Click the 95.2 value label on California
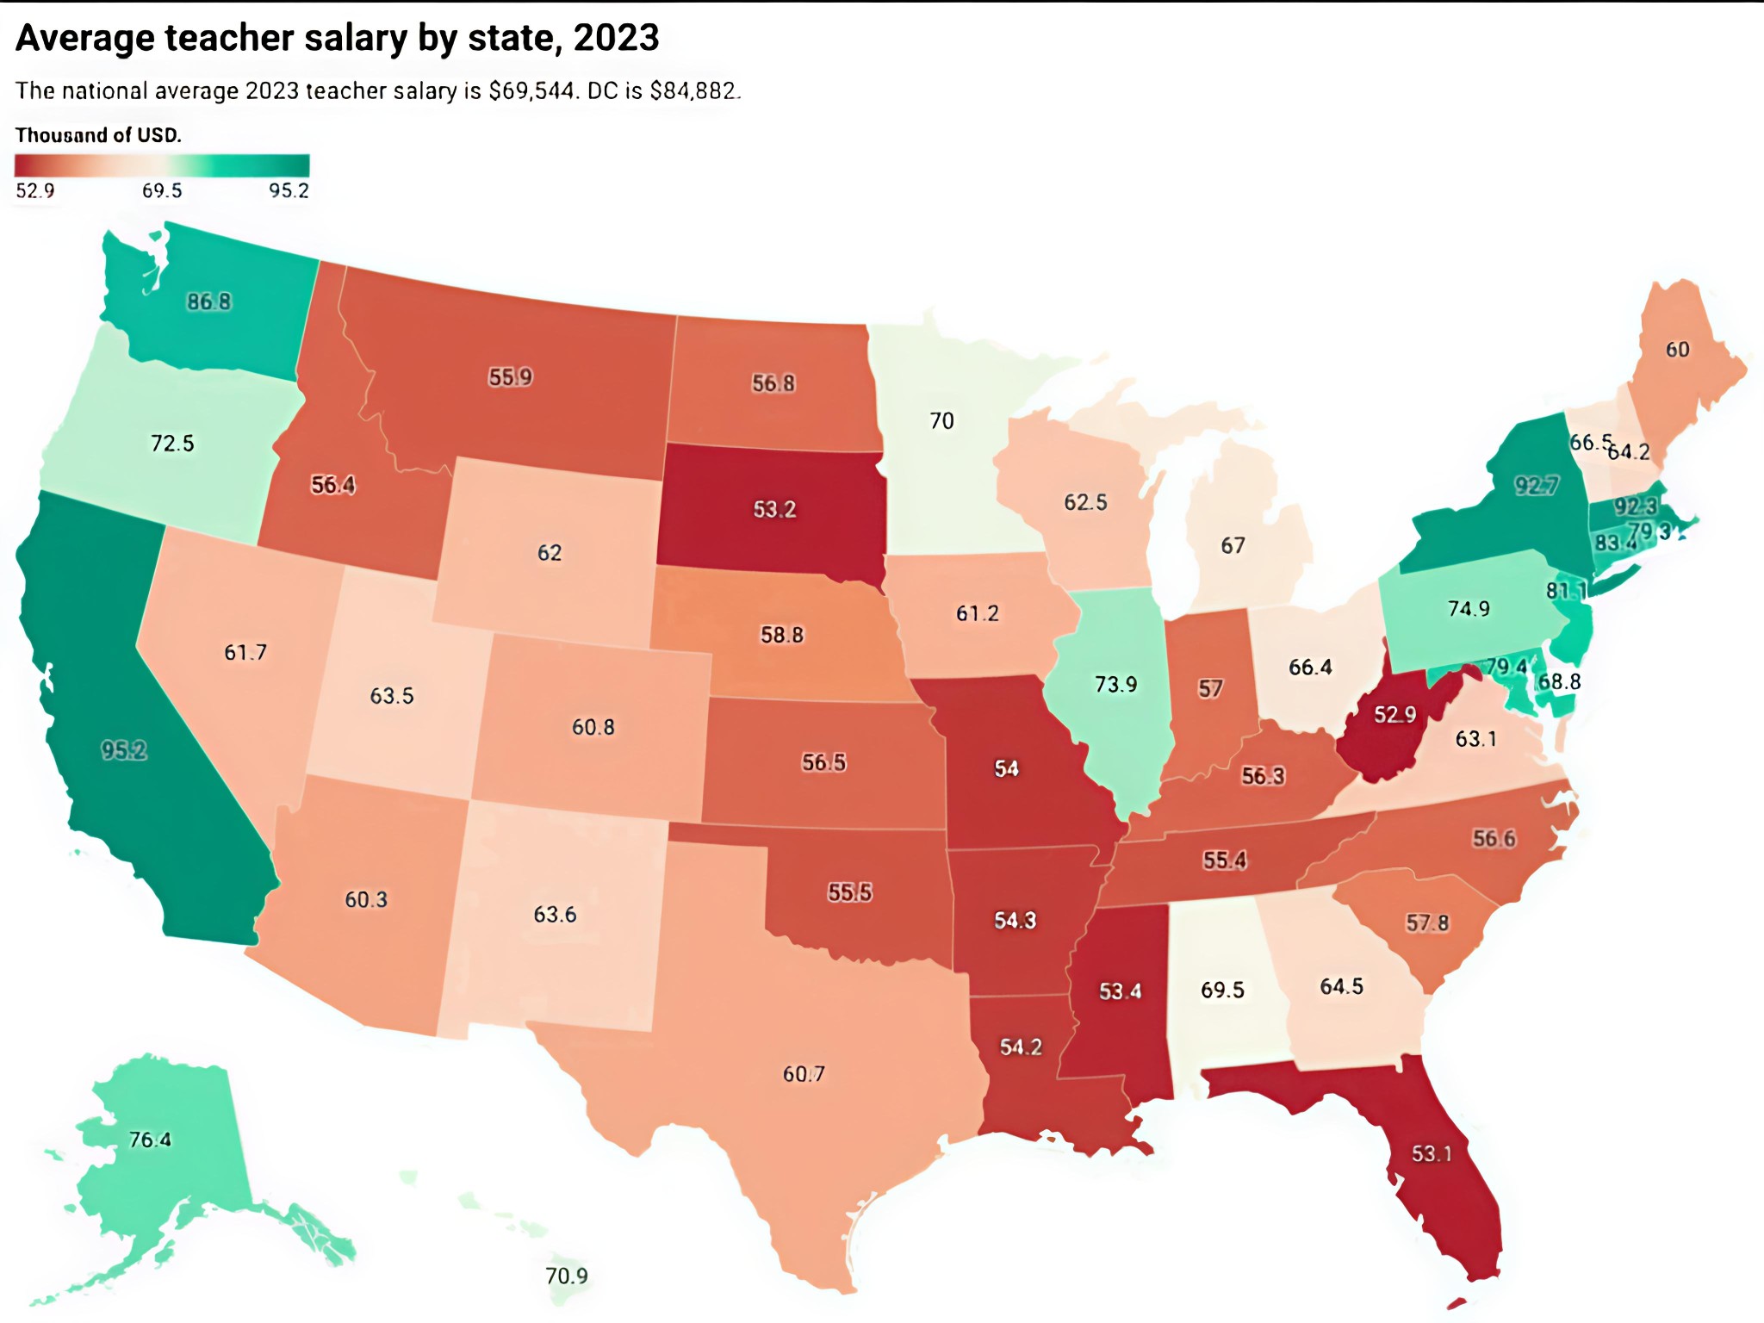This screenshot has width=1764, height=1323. point(124,750)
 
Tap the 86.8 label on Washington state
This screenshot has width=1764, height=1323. point(208,301)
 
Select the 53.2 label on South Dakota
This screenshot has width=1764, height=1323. point(774,509)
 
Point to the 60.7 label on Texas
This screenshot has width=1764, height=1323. point(803,1073)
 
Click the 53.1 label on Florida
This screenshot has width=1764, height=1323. point(1432,1152)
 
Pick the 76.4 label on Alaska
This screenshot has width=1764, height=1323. point(150,1140)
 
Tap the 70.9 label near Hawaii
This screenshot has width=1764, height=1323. point(567,1275)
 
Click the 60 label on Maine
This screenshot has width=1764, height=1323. point(1677,349)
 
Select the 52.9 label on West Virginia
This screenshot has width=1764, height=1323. point(1394,714)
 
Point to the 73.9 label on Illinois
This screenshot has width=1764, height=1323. point(1115,684)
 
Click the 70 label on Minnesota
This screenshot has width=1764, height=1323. point(941,420)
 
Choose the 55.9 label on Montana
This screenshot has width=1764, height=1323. point(510,377)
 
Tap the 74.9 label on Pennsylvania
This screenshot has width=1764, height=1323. point(1469,608)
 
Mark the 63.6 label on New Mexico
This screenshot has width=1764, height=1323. point(555,914)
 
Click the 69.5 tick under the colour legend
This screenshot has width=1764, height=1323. point(162,190)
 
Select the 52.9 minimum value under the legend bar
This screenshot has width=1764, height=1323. point(35,190)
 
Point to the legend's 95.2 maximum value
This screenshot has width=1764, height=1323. point(289,190)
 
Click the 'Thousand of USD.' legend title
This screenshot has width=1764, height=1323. point(98,135)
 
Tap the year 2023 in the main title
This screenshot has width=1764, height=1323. point(616,38)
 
